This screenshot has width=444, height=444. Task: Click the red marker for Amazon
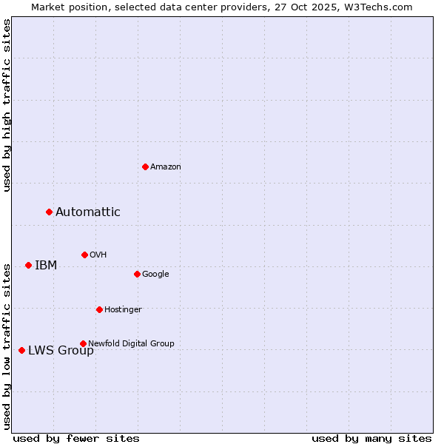(x=145, y=166)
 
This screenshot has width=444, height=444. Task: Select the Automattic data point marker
(x=49, y=212)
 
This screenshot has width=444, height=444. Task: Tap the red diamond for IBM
(x=28, y=265)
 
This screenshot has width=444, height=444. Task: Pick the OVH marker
(x=84, y=255)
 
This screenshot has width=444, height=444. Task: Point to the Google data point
(x=137, y=274)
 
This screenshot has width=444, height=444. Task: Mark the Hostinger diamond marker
(x=99, y=309)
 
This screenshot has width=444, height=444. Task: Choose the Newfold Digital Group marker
(x=83, y=343)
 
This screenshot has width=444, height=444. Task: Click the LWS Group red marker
(x=21, y=350)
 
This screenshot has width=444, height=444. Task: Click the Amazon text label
(x=165, y=167)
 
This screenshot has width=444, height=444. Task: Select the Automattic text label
(x=87, y=212)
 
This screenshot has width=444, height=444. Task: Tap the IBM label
(x=46, y=266)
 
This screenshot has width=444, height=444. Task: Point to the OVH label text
(x=98, y=255)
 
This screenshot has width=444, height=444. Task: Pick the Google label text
(x=155, y=275)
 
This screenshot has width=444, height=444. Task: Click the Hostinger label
(x=123, y=310)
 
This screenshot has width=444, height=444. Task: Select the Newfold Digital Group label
(x=131, y=344)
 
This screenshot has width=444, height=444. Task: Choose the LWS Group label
(x=61, y=351)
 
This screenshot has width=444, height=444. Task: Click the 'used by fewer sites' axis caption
(x=76, y=438)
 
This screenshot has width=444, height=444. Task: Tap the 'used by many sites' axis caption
(x=371, y=438)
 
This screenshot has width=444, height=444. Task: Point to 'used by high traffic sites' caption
(x=7, y=105)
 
